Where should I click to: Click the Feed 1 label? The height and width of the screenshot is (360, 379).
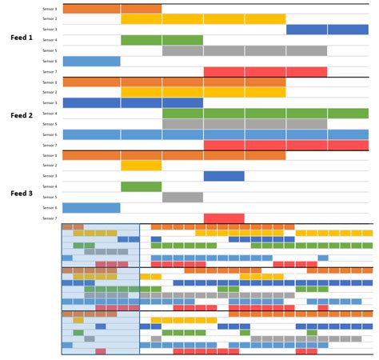click(22, 38)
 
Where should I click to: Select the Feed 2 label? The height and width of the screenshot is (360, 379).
click(22, 115)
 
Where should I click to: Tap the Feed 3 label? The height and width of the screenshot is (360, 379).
click(22, 194)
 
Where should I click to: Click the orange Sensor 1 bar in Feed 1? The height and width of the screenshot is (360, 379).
click(112, 9)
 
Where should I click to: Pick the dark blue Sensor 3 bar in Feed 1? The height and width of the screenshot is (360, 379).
click(327, 30)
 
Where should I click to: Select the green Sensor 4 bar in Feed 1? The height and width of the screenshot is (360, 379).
click(162, 40)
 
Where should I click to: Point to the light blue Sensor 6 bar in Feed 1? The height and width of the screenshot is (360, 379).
click(91, 61)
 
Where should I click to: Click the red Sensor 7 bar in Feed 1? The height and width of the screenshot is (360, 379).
click(265, 71)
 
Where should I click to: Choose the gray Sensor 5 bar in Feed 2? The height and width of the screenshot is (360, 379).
click(245, 124)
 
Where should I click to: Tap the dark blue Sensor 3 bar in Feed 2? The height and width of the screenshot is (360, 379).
click(133, 102)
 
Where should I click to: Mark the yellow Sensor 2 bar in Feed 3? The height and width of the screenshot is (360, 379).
click(142, 166)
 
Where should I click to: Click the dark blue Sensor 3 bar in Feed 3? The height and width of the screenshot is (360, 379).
click(224, 176)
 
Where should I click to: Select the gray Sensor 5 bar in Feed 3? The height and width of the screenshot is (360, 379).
click(182, 197)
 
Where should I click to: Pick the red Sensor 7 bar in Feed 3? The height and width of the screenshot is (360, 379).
click(224, 218)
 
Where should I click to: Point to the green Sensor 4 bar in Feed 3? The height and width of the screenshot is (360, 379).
click(142, 186)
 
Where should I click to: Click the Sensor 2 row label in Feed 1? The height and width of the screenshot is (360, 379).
click(50, 18)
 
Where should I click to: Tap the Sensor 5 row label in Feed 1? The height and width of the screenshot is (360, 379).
click(50, 50)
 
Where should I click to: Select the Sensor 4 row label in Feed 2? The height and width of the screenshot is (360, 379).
click(50, 114)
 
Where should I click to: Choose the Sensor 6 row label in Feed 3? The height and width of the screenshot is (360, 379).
click(50, 207)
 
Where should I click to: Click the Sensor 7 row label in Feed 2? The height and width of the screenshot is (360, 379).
click(50, 145)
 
